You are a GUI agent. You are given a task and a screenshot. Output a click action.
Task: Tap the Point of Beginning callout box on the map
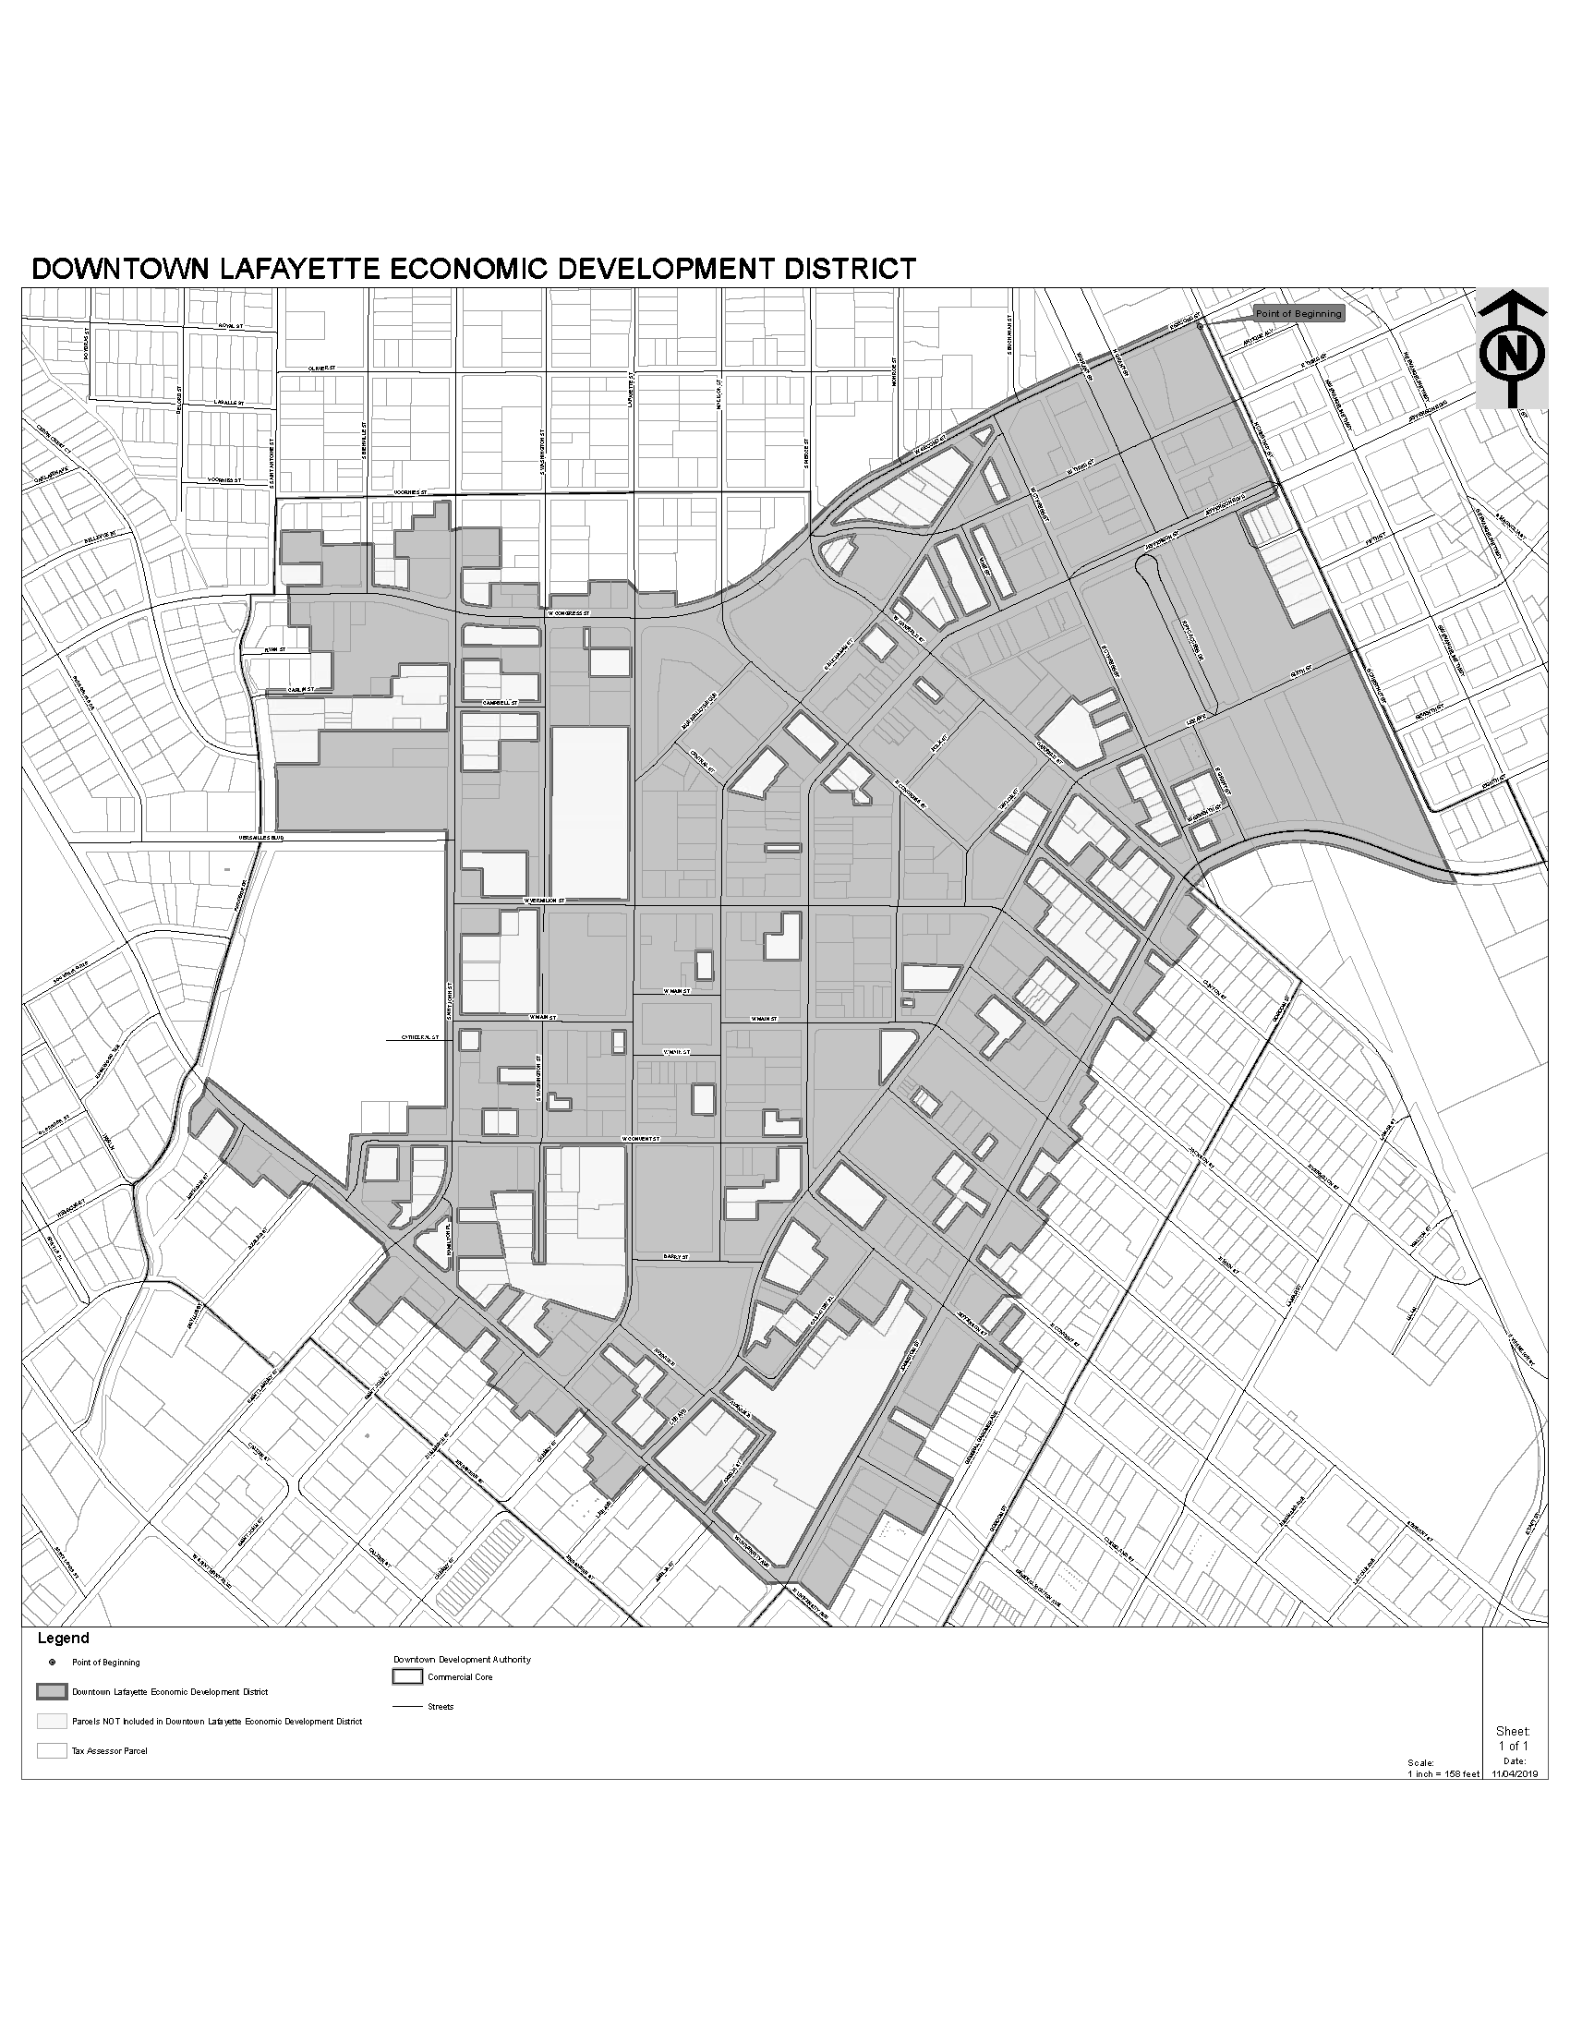tap(1298, 313)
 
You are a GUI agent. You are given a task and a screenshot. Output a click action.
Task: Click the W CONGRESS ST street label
tap(568, 613)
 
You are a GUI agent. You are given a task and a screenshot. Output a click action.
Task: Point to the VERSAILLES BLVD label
tap(260, 838)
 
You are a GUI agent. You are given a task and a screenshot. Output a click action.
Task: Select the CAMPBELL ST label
tap(500, 703)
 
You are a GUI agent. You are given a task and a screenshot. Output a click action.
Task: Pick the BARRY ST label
tap(675, 1256)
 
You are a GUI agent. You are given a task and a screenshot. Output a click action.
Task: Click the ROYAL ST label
tap(229, 327)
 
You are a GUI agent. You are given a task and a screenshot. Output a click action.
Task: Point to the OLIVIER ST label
tap(320, 369)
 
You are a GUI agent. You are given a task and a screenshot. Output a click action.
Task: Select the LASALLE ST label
tap(227, 403)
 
